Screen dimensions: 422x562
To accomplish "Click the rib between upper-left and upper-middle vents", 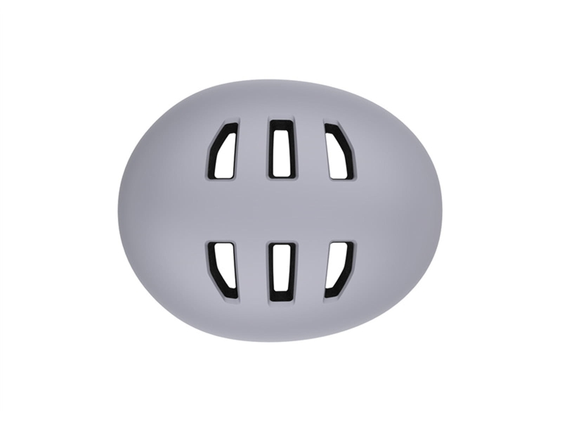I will (253, 150).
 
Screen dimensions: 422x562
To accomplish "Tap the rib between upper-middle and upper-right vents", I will (309, 150).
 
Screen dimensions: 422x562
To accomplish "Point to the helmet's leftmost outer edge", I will (119, 211).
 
